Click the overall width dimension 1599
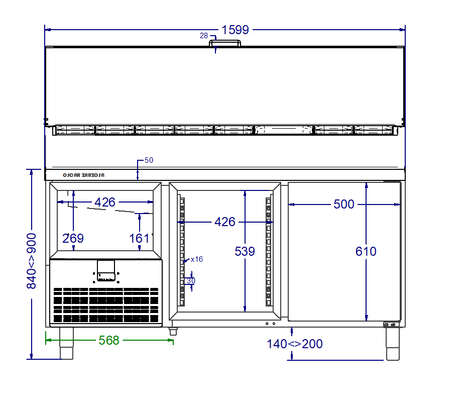[236, 30]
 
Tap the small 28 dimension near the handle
[204, 36]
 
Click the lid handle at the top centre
[225, 43]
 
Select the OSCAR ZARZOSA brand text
[83, 175]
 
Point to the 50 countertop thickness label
[149, 160]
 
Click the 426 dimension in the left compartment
[105, 202]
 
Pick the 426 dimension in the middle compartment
[225, 222]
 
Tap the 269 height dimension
[73, 238]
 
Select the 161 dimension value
[139, 238]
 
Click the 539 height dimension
[245, 251]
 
